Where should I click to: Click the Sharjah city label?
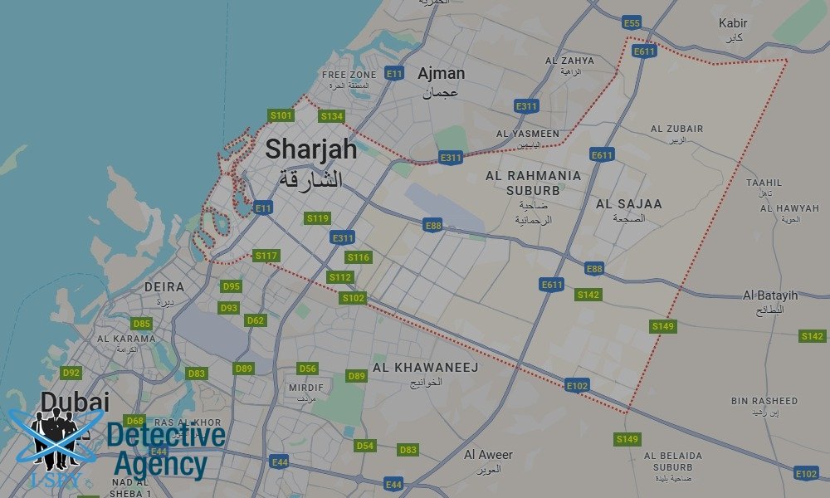coord(310,150)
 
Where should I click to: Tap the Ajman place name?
coord(441,74)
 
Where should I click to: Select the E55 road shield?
coord(632,22)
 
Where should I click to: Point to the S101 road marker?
coord(281,115)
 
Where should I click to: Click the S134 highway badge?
coord(331,116)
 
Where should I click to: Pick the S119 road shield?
coord(318,218)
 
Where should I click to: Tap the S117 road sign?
coord(266,256)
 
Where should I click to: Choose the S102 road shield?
coord(353,298)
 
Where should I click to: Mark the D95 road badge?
coord(232,286)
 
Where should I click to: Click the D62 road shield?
coord(255,320)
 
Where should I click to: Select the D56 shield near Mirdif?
coord(307,369)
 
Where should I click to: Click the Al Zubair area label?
coord(676,129)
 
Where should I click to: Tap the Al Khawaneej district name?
coord(425,367)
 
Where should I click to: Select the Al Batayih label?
coord(770,295)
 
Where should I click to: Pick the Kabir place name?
coord(733,23)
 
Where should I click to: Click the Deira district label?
coord(164,287)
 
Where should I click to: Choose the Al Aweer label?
coord(488,455)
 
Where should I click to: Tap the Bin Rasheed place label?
coord(764,401)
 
